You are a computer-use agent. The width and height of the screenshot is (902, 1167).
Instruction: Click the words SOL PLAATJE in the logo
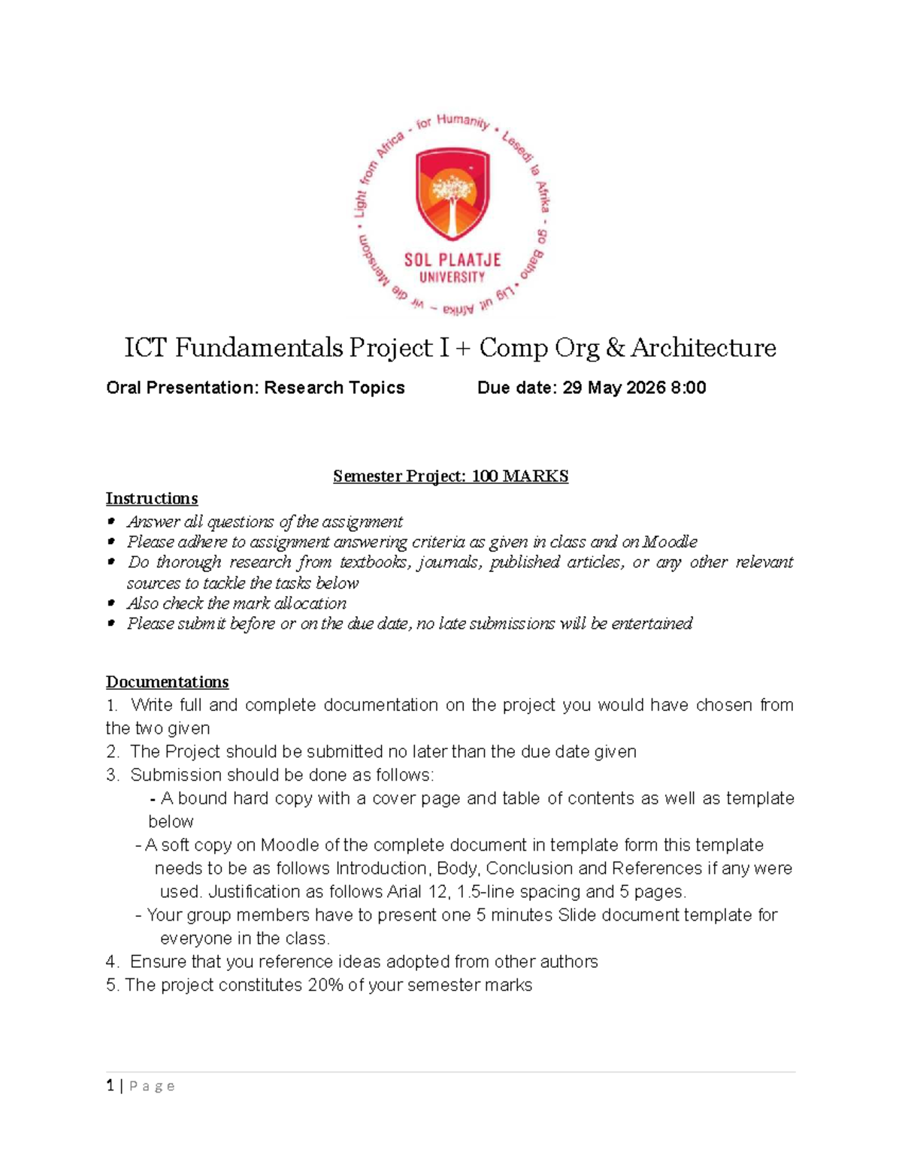pos(452,261)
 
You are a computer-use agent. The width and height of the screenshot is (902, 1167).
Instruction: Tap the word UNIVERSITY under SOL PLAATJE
pos(452,277)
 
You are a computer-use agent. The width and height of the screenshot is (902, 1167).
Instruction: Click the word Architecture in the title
pos(703,348)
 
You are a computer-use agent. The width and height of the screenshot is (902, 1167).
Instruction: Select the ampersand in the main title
pos(614,348)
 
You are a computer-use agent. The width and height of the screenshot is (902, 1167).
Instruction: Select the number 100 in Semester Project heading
pos(485,476)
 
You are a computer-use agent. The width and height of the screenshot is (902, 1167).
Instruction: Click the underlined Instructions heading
pos(152,499)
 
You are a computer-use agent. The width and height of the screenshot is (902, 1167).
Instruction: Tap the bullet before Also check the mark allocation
pos(111,603)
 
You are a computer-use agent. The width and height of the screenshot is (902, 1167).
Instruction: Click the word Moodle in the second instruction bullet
pos(670,542)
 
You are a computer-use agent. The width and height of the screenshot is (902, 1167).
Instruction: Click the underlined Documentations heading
pos(167,682)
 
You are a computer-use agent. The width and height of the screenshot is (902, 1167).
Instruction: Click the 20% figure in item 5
pos(325,985)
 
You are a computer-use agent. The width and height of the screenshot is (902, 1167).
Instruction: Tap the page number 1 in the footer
pos(110,1086)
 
